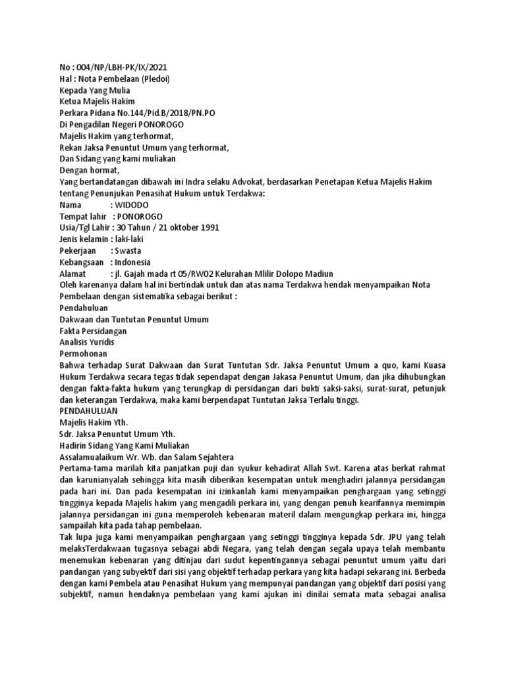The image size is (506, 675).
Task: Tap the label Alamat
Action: tap(73, 274)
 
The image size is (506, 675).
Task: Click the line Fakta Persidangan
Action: tap(93, 332)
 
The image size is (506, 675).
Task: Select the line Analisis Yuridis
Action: tap(86, 343)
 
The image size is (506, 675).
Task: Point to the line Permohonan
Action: tap(83, 355)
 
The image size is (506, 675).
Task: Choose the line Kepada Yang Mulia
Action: tap(95, 90)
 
